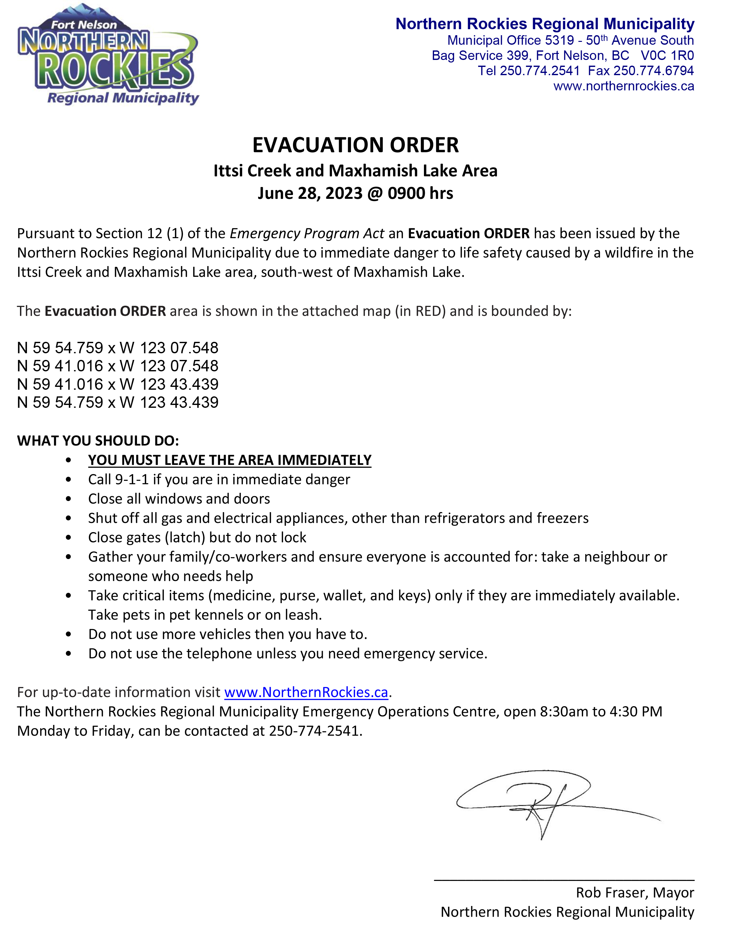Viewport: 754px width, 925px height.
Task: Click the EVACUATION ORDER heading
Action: (x=355, y=145)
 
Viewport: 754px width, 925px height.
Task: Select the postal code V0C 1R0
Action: (x=667, y=55)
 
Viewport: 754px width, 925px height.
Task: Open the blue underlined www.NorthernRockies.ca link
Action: (x=306, y=692)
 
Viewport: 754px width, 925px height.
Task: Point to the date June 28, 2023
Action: (x=310, y=193)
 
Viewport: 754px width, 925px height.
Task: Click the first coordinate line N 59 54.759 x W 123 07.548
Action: (x=118, y=348)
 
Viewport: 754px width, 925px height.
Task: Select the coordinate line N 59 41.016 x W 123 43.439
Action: (x=118, y=384)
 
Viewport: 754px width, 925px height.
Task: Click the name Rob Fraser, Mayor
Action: (x=634, y=892)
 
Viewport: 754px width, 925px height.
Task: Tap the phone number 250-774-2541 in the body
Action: (x=315, y=731)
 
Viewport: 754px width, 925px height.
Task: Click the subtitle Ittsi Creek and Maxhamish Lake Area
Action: (x=355, y=171)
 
